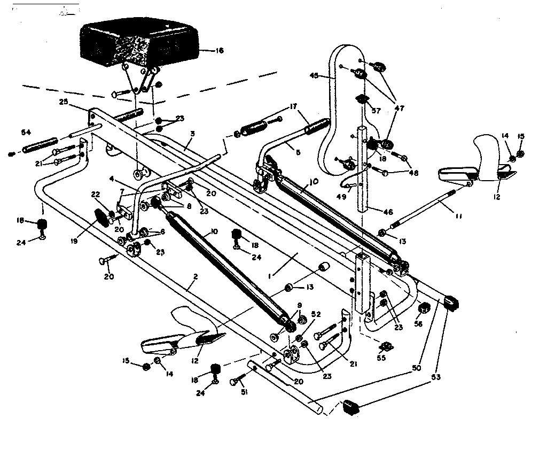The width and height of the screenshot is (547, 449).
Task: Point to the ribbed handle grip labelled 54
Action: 40,144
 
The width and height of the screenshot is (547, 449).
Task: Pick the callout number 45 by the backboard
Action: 314,76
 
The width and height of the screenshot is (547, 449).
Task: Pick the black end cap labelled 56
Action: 423,308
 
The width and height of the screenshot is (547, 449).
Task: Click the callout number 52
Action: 316,315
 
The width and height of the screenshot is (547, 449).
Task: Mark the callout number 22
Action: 95,195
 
